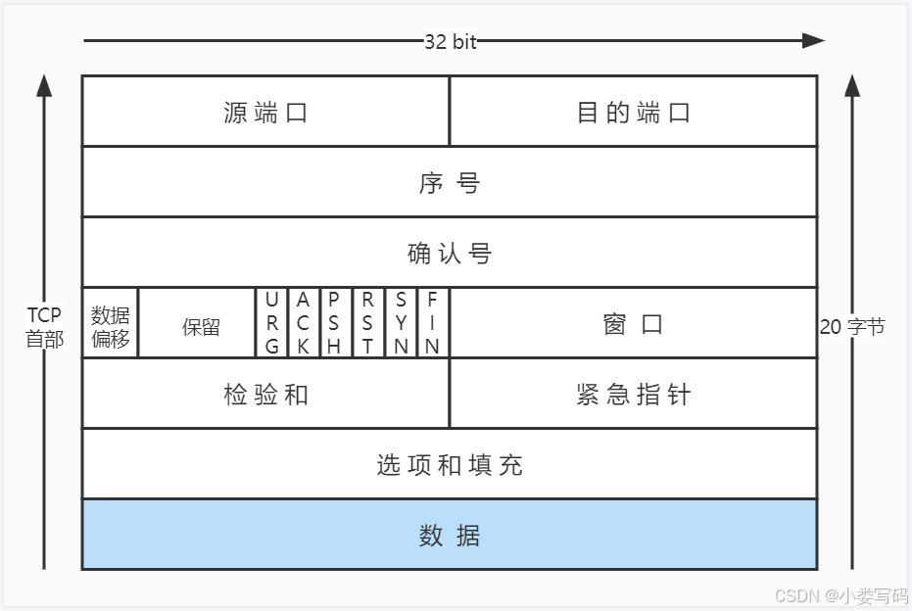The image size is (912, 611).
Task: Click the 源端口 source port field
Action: [x=265, y=112]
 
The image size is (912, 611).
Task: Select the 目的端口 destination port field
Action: [x=633, y=112]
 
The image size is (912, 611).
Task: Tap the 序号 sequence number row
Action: [x=449, y=182]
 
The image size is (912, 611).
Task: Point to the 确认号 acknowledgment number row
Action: [x=449, y=253]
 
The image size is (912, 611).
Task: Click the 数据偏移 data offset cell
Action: [x=110, y=323]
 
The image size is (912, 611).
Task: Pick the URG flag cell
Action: [x=271, y=322]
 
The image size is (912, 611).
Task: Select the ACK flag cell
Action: [x=304, y=322]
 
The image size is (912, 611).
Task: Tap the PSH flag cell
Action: [x=335, y=322]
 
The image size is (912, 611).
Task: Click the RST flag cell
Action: [x=367, y=322]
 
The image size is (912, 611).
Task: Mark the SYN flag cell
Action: [x=401, y=322]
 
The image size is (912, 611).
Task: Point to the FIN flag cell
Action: [x=432, y=322]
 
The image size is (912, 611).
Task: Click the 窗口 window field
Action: [x=633, y=323]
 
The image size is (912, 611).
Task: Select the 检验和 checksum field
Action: [x=265, y=394]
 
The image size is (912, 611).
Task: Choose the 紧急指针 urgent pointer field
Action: [x=633, y=394]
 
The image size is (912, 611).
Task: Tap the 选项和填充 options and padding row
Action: [x=449, y=464]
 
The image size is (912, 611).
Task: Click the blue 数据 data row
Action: [x=449, y=535]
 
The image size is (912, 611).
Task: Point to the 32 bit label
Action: [x=450, y=41]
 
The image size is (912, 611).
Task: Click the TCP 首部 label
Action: [x=44, y=327]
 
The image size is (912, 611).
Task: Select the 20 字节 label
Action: [x=851, y=326]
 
